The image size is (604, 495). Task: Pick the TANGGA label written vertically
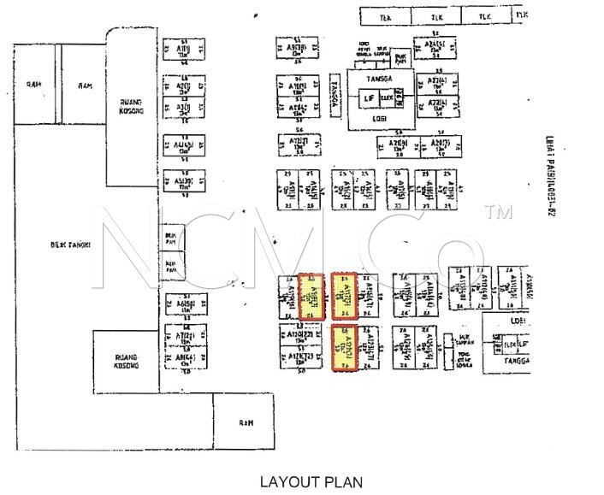(335, 89)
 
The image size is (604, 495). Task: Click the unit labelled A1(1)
(183, 49)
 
